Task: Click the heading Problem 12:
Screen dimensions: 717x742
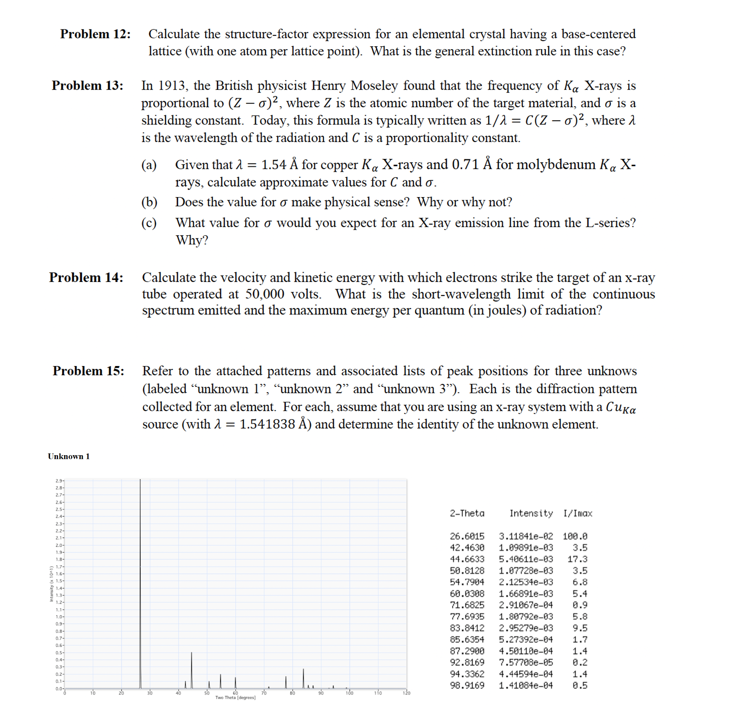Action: (95, 34)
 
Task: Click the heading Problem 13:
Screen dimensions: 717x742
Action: (87, 86)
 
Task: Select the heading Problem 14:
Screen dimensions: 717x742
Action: (86, 278)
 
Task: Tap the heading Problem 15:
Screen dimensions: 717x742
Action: (88, 371)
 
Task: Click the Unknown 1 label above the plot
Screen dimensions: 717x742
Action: (68, 456)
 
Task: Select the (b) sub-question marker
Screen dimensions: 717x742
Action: (149, 202)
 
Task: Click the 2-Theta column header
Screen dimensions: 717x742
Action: (467, 513)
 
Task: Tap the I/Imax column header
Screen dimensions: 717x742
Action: (578, 513)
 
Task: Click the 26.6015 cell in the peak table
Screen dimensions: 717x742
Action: (467, 536)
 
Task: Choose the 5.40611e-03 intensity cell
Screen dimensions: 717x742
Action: (526, 559)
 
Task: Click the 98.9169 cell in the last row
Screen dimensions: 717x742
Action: (467, 685)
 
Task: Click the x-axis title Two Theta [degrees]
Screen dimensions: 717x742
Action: (235, 698)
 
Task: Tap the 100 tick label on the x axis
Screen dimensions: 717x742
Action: (349, 693)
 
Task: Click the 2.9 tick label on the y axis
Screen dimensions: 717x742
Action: (59, 481)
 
